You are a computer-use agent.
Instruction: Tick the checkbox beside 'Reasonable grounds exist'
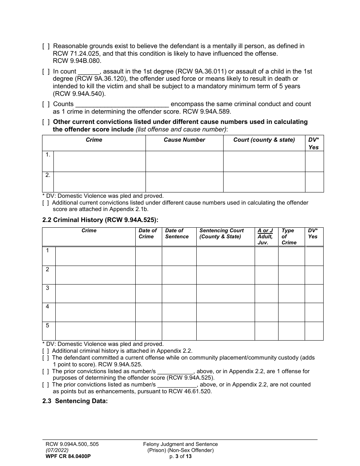coord(45,46)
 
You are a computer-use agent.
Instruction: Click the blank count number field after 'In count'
coord(89,72)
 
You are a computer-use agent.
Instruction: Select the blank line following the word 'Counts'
coord(122,104)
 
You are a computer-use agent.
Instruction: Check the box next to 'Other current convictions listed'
coord(45,122)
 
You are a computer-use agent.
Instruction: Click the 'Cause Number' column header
coord(184,140)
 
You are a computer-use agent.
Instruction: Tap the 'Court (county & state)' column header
coord(264,140)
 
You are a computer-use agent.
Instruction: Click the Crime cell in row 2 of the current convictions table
coord(99,182)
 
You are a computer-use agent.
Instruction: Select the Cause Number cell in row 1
coord(184,161)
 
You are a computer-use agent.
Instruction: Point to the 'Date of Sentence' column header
coord(177,234)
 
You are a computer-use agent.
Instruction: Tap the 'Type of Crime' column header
coord(289,236)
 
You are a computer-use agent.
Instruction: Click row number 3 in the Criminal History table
coord(48,288)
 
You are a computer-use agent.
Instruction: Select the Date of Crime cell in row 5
coord(149,331)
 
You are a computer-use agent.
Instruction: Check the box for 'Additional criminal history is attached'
coord(45,351)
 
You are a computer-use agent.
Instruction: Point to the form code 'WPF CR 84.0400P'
coord(68,456)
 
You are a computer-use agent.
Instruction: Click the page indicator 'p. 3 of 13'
coord(180,456)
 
